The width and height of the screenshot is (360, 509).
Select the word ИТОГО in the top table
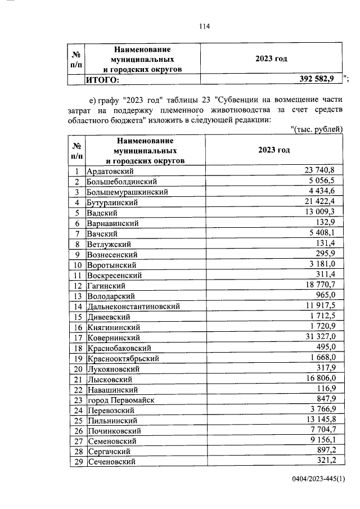tap(102, 80)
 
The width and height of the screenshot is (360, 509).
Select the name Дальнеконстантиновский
tap(133, 307)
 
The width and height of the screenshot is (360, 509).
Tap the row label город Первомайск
tap(120, 400)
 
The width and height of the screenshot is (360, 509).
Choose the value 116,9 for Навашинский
tap(326, 389)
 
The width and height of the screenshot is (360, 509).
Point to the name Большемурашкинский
tap(128, 192)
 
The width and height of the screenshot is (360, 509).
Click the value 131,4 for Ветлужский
tap(326, 244)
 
